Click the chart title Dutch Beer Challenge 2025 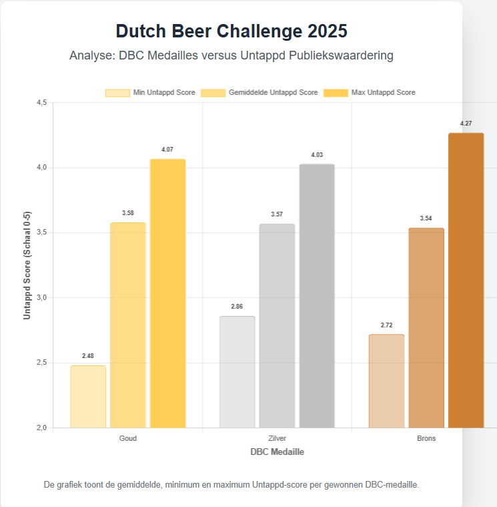231,31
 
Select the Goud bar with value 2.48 88,396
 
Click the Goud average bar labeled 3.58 127,325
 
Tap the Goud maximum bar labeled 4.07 167,293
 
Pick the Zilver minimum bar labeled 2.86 237,371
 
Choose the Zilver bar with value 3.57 277,325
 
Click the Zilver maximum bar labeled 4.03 317,295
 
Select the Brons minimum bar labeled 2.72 386,381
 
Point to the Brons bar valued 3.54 426,327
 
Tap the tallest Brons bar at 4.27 466,280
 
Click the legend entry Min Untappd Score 150,93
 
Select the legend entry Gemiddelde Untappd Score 260,93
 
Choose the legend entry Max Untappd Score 369,93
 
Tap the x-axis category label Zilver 277,438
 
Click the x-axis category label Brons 426,438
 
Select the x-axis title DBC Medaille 278,452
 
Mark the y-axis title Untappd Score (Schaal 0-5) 27,265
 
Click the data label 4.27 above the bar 466,124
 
